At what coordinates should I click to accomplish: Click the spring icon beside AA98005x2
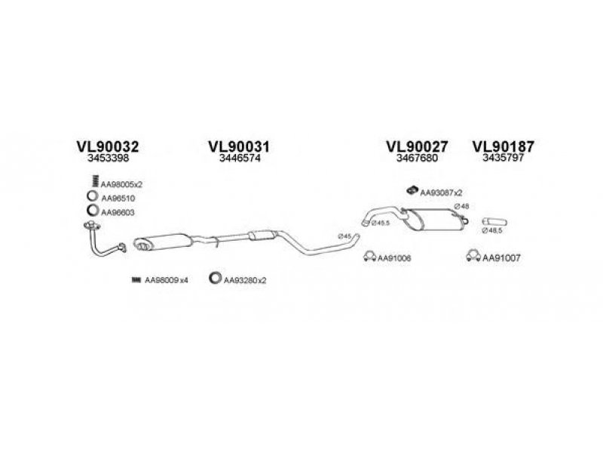(93, 182)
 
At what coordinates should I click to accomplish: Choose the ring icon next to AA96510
(92, 197)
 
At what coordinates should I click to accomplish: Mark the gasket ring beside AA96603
(92, 212)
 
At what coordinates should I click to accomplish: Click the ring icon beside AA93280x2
(215, 279)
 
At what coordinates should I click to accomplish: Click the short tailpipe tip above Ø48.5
(494, 220)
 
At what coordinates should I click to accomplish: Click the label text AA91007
(503, 258)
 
